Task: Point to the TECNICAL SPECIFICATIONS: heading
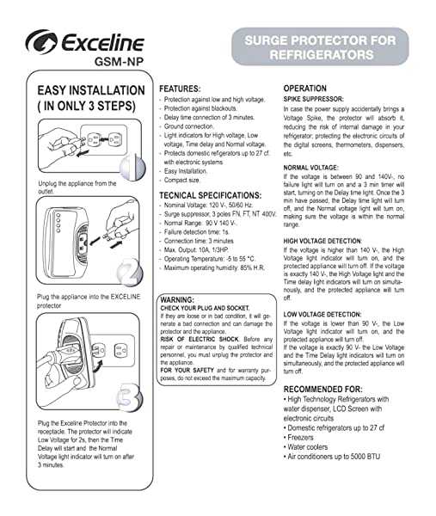click(x=211, y=196)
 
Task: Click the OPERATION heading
click(x=304, y=89)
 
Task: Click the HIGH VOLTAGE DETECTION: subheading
click(x=328, y=241)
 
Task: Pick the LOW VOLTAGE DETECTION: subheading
click(x=327, y=315)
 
